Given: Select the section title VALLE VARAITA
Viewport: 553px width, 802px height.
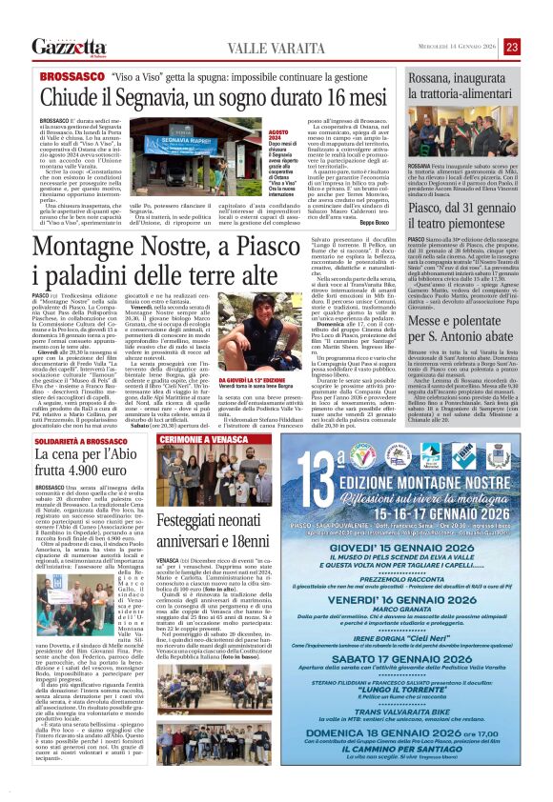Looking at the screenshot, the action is [x=238, y=48].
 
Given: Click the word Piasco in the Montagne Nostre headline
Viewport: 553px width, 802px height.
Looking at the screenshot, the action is [x=311, y=249].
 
